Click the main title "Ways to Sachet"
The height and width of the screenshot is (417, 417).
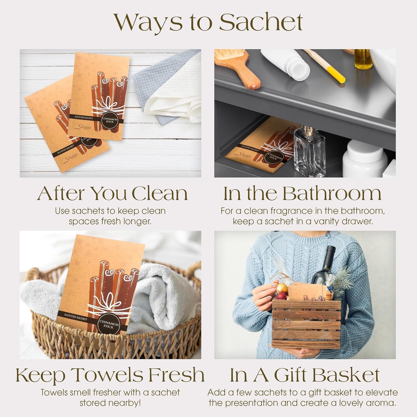(x=208, y=22)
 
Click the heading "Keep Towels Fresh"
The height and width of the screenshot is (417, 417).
(x=110, y=375)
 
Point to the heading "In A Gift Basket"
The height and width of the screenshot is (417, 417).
(x=304, y=375)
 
